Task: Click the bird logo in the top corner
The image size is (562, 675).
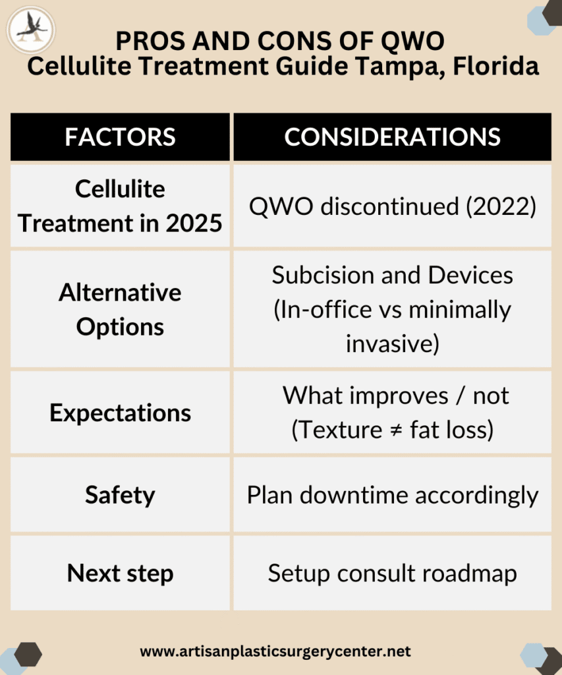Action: click(x=31, y=30)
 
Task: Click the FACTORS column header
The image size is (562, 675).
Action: click(x=120, y=137)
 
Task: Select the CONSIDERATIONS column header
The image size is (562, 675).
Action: click(x=393, y=137)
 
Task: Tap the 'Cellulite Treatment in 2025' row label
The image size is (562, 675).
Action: click(x=120, y=206)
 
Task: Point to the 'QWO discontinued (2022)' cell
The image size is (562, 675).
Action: click(x=393, y=206)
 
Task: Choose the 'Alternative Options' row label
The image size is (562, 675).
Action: click(x=120, y=309)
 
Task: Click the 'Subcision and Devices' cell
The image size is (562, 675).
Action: click(x=393, y=309)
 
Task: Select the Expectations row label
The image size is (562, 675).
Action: click(x=120, y=413)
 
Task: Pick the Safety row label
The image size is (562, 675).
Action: click(x=120, y=495)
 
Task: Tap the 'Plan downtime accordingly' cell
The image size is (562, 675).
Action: click(x=393, y=495)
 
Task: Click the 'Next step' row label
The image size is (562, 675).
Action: click(x=120, y=573)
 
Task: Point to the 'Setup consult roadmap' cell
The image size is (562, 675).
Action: click(x=393, y=573)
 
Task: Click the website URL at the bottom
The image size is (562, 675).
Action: click(x=275, y=651)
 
